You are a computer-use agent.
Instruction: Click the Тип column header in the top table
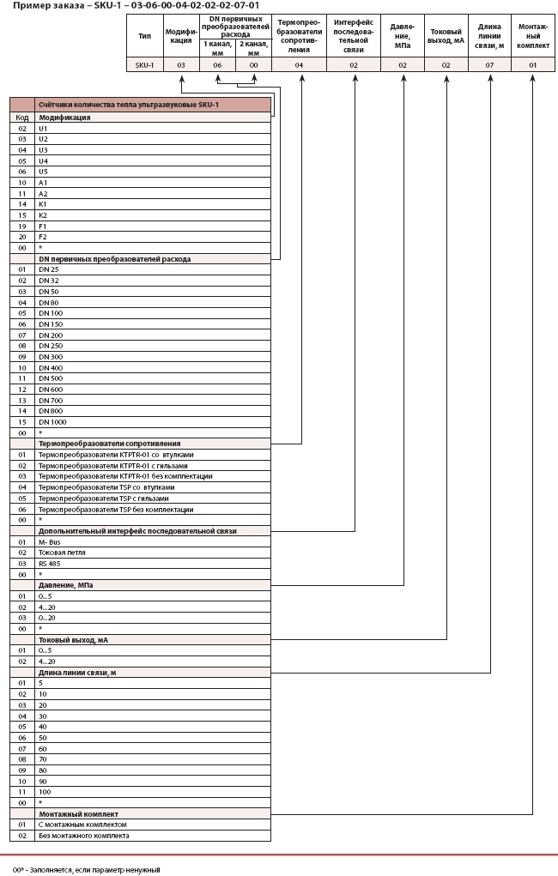point(144,37)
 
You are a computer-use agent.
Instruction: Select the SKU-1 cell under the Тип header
point(144,65)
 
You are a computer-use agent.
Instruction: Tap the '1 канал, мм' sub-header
point(217,47)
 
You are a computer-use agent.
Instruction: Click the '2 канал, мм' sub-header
point(253,47)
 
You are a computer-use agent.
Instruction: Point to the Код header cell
point(22,118)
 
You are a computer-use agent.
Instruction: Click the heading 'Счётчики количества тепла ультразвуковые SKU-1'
point(124,105)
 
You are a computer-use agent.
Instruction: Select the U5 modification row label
point(43,171)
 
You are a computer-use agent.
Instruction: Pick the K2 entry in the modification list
point(43,214)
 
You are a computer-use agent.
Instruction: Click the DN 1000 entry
point(52,421)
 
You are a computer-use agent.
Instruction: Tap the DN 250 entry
point(51,345)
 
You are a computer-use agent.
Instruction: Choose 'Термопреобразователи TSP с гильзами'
point(104,498)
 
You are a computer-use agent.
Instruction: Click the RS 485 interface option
point(50,563)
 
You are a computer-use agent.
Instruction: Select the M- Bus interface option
point(49,541)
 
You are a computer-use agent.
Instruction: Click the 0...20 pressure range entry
point(46,618)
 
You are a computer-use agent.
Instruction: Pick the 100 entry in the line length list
point(45,792)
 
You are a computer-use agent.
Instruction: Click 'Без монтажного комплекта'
point(84,835)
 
